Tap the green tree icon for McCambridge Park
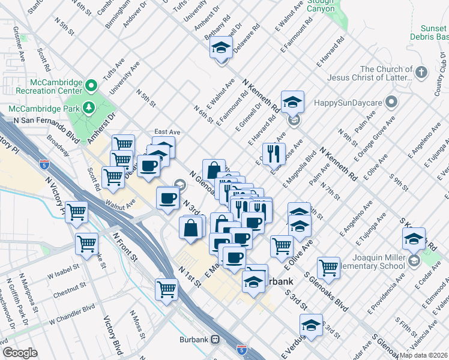tap(90, 107)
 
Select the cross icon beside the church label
tap(421, 73)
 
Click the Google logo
tap(20, 353)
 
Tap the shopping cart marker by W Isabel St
tap(87, 244)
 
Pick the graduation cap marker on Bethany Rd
tap(221, 47)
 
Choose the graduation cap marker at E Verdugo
tap(311, 325)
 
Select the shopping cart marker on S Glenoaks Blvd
tap(328, 267)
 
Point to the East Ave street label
tap(167, 132)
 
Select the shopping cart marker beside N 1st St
tap(167, 289)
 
